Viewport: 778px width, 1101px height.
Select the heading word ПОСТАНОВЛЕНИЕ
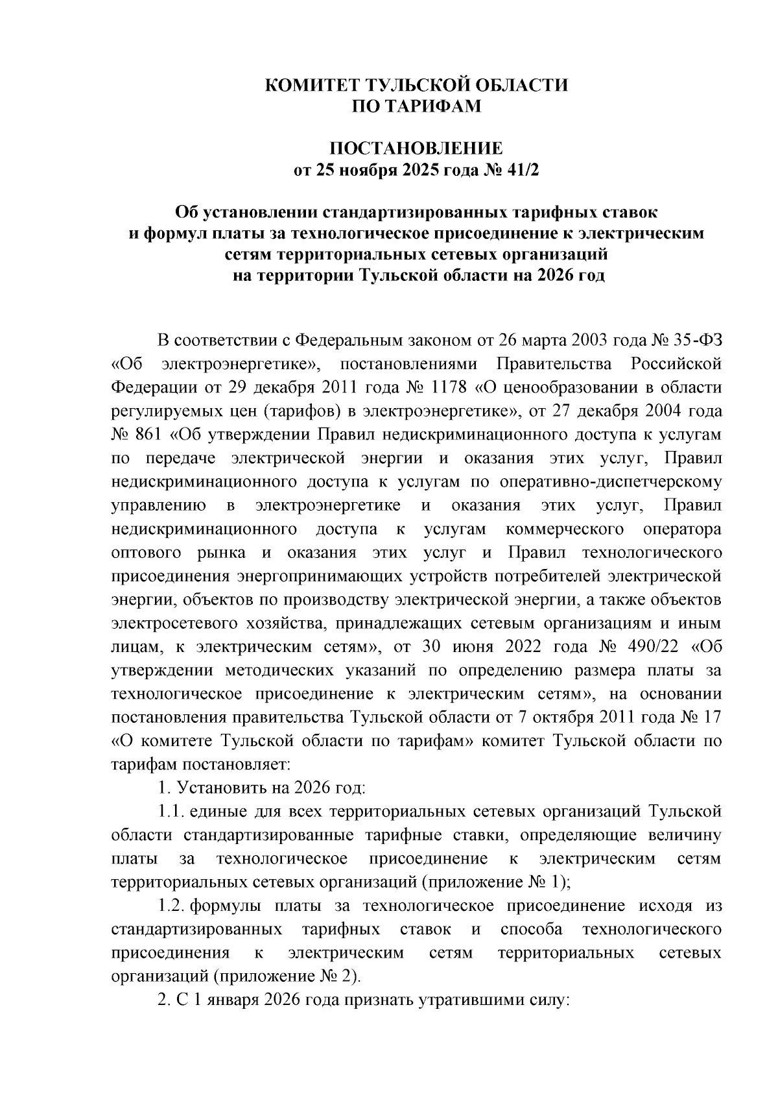[x=417, y=149]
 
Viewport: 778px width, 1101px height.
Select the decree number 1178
[x=449, y=388]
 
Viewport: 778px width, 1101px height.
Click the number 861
[x=150, y=436]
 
